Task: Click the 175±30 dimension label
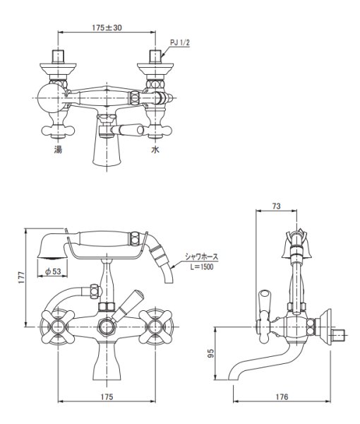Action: click(107, 28)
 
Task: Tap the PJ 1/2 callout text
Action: click(180, 42)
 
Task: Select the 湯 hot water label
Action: click(58, 150)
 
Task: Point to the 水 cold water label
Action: click(155, 150)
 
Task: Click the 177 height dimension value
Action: click(22, 277)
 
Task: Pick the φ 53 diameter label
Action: click(53, 271)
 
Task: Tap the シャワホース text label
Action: click(201, 257)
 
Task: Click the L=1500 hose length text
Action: click(201, 267)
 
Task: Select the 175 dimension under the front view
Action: click(107, 396)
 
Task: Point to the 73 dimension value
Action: click(276, 206)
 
